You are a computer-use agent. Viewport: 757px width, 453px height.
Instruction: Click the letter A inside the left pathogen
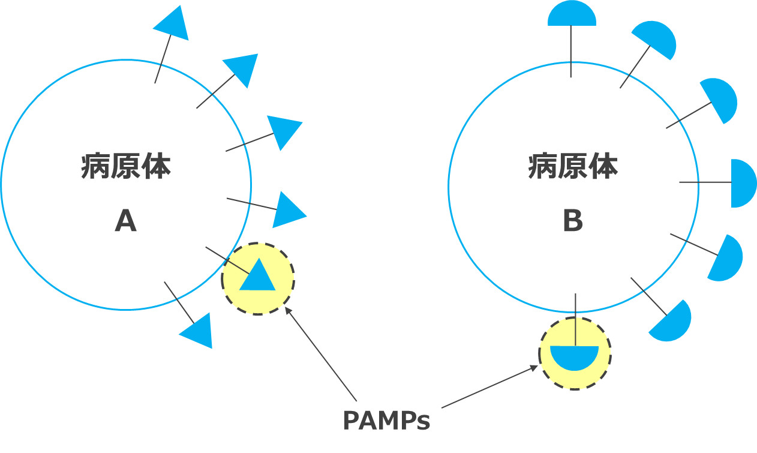coord(126,222)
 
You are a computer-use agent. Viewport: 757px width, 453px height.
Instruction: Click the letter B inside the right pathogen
coord(573,222)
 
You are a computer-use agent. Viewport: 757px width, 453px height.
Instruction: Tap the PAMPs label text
coord(386,421)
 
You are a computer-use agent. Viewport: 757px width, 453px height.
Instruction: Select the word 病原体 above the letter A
coord(126,167)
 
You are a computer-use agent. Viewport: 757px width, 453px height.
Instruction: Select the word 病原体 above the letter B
coord(573,167)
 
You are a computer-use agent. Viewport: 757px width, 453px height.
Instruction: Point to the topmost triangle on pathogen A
coord(173,23)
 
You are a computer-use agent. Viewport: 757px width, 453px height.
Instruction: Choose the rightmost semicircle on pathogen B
coord(743,183)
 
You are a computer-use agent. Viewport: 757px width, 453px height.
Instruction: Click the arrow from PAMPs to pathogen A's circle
coord(321,354)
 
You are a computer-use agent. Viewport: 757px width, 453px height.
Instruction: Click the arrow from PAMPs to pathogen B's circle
coord(489,387)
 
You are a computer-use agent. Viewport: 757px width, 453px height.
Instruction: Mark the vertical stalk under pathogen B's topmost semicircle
coord(571,51)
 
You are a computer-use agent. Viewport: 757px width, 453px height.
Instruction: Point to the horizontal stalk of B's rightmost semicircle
coord(705,182)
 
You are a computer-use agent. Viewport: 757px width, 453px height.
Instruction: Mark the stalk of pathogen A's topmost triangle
coord(163,58)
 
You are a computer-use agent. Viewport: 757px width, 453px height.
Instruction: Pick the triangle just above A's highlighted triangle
coord(289,209)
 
